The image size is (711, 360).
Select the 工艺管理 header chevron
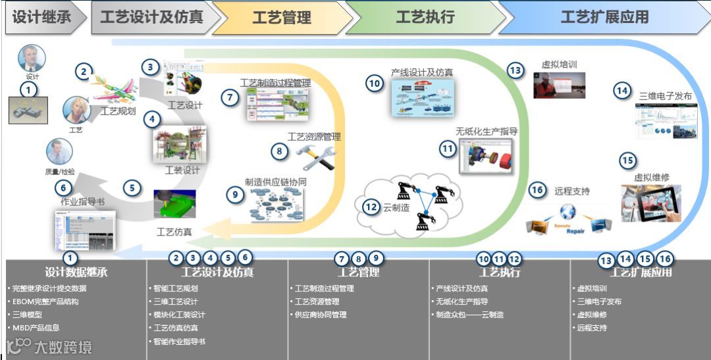pos(282,18)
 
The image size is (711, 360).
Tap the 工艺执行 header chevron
pos(425,18)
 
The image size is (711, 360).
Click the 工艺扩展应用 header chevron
pos(604,18)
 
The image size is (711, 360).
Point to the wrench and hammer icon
pos(315,157)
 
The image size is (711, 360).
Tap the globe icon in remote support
pos(567,211)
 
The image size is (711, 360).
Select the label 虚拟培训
pos(560,65)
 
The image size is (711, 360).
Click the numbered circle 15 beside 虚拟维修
pos(627,160)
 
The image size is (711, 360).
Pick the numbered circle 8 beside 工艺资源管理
pos(280,151)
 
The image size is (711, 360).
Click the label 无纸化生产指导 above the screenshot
pos(487,131)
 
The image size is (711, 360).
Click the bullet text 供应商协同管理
pos(321,315)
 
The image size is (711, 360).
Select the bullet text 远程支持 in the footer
pos(592,328)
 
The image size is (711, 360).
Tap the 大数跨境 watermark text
pos(63,346)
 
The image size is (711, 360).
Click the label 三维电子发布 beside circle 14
pos(666,95)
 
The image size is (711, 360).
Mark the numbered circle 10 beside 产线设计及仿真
pos(375,84)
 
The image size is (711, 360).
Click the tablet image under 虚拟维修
pos(651,203)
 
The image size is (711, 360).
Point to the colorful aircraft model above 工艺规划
pos(113,88)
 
